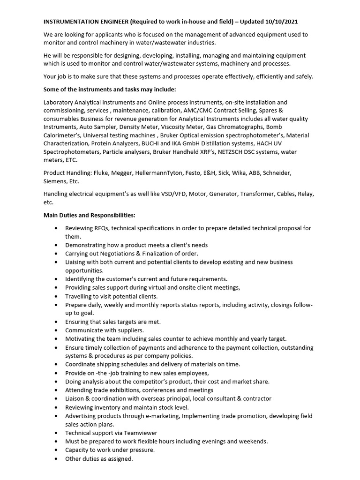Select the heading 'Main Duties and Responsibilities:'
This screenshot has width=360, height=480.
[89, 215]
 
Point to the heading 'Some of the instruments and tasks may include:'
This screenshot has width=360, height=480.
[110, 89]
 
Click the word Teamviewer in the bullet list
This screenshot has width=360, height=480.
[139, 433]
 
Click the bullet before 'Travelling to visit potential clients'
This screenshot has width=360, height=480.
[56, 296]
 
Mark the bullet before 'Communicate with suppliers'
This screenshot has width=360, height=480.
[56, 330]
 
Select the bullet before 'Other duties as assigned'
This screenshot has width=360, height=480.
[56, 459]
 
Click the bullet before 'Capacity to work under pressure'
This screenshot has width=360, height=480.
[56, 450]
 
